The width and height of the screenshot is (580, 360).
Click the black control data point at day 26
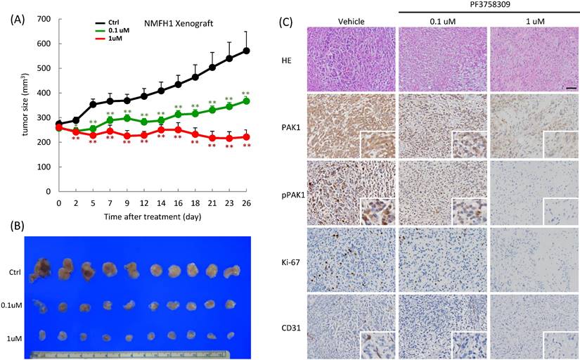pyautogui.click(x=246, y=51)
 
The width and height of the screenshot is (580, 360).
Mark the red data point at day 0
pyautogui.click(x=59, y=127)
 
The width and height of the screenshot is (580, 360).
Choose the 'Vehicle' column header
pyautogui.click(x=350, y=21)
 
